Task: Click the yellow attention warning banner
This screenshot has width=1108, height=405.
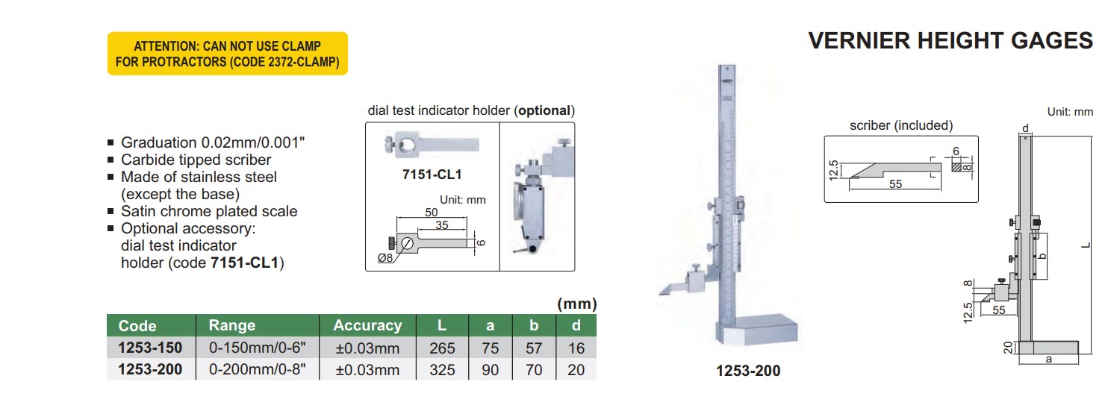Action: pos(227,54)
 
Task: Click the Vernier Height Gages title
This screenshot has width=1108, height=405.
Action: pos(950,41)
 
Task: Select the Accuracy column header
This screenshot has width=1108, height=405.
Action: pos(367,325)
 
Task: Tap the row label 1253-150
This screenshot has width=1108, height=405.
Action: pos(150,348)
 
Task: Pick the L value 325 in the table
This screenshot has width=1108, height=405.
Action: pos(442,370)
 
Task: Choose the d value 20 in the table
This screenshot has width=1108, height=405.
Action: pos(576,370)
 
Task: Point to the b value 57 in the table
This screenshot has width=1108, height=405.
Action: pos(534,348)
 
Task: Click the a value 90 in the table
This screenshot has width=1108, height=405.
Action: pos(490,370)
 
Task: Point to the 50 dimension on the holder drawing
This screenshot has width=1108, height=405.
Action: pos(432,213)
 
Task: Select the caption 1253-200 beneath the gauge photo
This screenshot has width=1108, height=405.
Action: pos(748,371)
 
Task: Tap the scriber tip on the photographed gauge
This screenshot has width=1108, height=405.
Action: pos(662,292)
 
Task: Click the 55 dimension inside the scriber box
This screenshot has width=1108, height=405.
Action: pos(896,183)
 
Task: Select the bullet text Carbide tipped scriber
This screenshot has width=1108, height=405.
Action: pos(196,160)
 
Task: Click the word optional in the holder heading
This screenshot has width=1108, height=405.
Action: pos(544,110)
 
